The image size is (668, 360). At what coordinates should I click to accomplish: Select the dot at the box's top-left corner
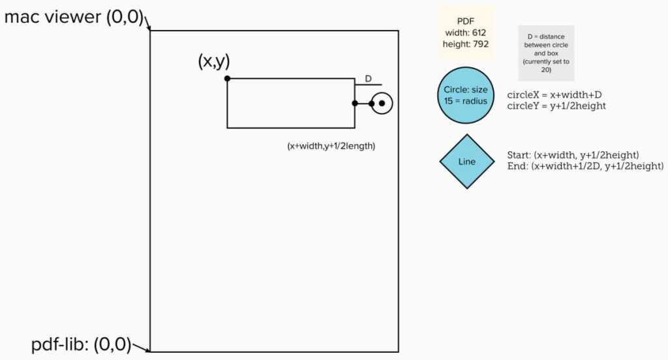coord(227,78)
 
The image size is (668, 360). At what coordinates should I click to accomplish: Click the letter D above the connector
coord(368,79)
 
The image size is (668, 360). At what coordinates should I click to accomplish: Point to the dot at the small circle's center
coord(382,103)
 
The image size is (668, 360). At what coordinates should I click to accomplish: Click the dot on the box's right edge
coord(355,103)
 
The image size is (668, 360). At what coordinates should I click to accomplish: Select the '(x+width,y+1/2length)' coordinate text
coord(331,146)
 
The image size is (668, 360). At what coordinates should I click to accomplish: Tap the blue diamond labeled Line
coord(467,161)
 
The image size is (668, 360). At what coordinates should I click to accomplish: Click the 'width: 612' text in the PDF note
coord(466,33)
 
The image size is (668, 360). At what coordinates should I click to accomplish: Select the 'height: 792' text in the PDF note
coord(466,44)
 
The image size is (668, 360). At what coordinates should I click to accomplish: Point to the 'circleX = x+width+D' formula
coord(554,95)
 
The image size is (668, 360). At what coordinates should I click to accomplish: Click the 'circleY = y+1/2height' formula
coord(556,106)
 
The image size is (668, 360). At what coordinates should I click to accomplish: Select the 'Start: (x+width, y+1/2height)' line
coord(572,155)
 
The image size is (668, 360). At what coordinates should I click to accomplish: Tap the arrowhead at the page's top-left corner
coord(149,29)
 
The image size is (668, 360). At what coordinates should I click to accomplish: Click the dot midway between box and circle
coord(371,103)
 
